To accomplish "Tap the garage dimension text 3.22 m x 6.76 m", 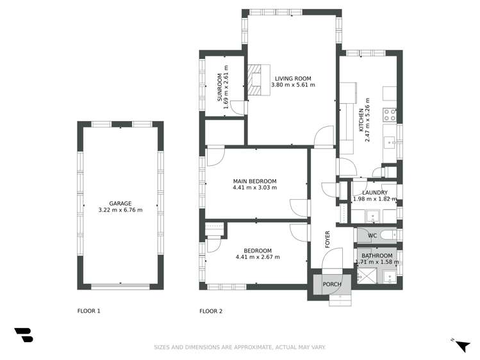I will point(120,210).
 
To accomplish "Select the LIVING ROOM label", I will point(293,78).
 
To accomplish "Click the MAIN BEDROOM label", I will point(254,181).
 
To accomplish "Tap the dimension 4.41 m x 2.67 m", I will point(258,258).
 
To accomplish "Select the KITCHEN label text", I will point(361,119).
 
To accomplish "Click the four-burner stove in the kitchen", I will point(389,115).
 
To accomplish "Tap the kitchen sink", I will point(389,140).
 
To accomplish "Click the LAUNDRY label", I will point(374,192).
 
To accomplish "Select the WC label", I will point(372,236).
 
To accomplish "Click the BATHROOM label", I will point(376,256).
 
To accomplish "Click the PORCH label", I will point(331,284).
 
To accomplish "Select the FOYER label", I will point(327,238).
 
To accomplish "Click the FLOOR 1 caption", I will point(89,311).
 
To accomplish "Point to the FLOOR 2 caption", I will point(211,311).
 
